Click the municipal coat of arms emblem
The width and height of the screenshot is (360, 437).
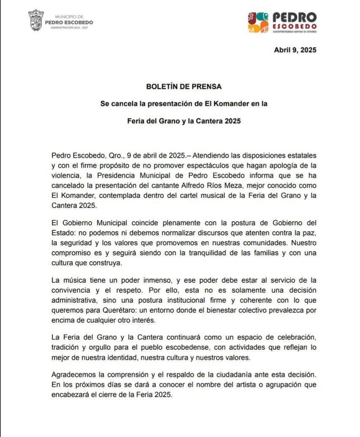point(36,20)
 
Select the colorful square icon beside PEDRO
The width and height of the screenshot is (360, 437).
point(258,22)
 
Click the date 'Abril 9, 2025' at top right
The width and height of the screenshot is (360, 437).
point(295,50)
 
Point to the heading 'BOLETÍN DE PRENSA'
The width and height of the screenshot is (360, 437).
point(184,86)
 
